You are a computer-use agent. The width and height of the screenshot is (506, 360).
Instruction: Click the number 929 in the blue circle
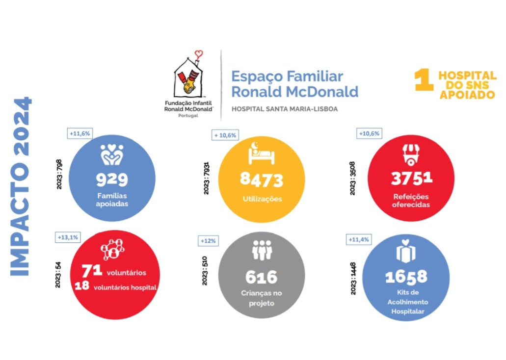click(112, 179)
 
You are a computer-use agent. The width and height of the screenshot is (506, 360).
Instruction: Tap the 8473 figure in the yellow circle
click(261, 180)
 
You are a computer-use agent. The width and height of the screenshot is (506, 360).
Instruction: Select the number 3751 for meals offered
click(411, 179)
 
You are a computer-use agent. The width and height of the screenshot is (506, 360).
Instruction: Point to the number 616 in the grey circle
click(261, 277)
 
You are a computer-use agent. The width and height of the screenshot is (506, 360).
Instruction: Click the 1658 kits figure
click(406, 277)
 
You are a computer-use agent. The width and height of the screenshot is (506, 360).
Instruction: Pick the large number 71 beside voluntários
click(92, 270)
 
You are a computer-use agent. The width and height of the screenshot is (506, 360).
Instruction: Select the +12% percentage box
click(208, 241)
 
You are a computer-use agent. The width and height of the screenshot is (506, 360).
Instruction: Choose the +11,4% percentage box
click(358, 239)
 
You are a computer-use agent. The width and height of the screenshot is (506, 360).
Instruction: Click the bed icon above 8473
click(262, 153)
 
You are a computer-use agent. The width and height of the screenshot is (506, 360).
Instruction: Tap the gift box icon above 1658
click(406, 251)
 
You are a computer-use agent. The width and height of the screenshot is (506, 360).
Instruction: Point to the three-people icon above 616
click(262, 251)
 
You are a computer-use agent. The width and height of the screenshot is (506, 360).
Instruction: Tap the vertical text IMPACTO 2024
click(22, 186)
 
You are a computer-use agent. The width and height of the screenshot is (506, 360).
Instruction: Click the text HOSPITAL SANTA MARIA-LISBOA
click(284, 109)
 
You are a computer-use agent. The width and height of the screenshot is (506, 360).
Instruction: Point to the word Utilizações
click(261, 199)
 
